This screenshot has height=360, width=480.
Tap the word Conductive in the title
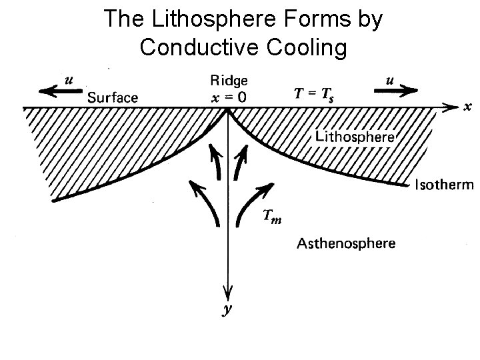click(195, 47)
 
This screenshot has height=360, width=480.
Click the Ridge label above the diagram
click(229, 81)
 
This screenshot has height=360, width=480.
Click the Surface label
click(113, 97)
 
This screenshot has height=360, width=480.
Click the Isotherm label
click(443, 185)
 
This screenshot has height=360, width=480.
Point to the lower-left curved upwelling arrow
click(208, 203)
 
